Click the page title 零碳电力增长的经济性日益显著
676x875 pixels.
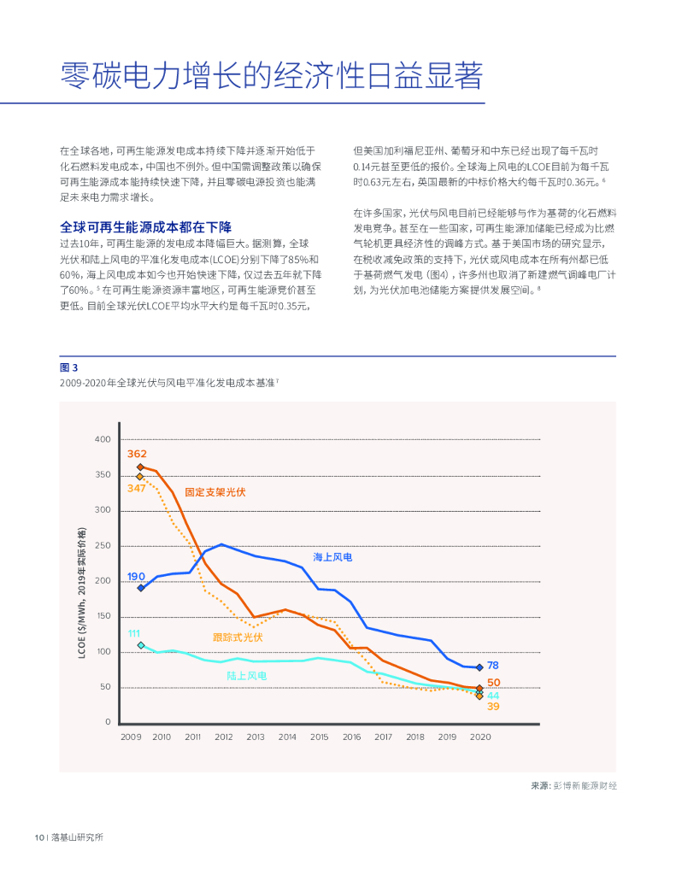pos(272,76)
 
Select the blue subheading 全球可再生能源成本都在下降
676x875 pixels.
pos(145,227)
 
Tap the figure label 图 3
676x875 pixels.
pos(68,367)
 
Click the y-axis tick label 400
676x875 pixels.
pos(103,439)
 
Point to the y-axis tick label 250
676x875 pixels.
pos(103,546)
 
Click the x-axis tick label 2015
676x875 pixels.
pos(319,737)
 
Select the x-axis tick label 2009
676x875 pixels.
pos(131,737)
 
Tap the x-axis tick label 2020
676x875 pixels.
pos(479,737)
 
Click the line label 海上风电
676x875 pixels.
pos(332,557)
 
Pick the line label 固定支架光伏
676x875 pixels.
pos(215,492)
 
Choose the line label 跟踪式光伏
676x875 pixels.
pos(238,637)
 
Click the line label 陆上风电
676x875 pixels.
pos(246,676)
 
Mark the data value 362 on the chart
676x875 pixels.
pos(137,454)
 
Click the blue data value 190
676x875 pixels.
pos(136,577)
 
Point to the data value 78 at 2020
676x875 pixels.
pos(493,666)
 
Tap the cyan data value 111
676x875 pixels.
pos(134,633)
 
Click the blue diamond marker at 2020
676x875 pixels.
pos(479,667)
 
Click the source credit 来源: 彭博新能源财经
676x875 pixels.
pos(573,785)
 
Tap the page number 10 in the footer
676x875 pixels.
pos(38,837)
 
